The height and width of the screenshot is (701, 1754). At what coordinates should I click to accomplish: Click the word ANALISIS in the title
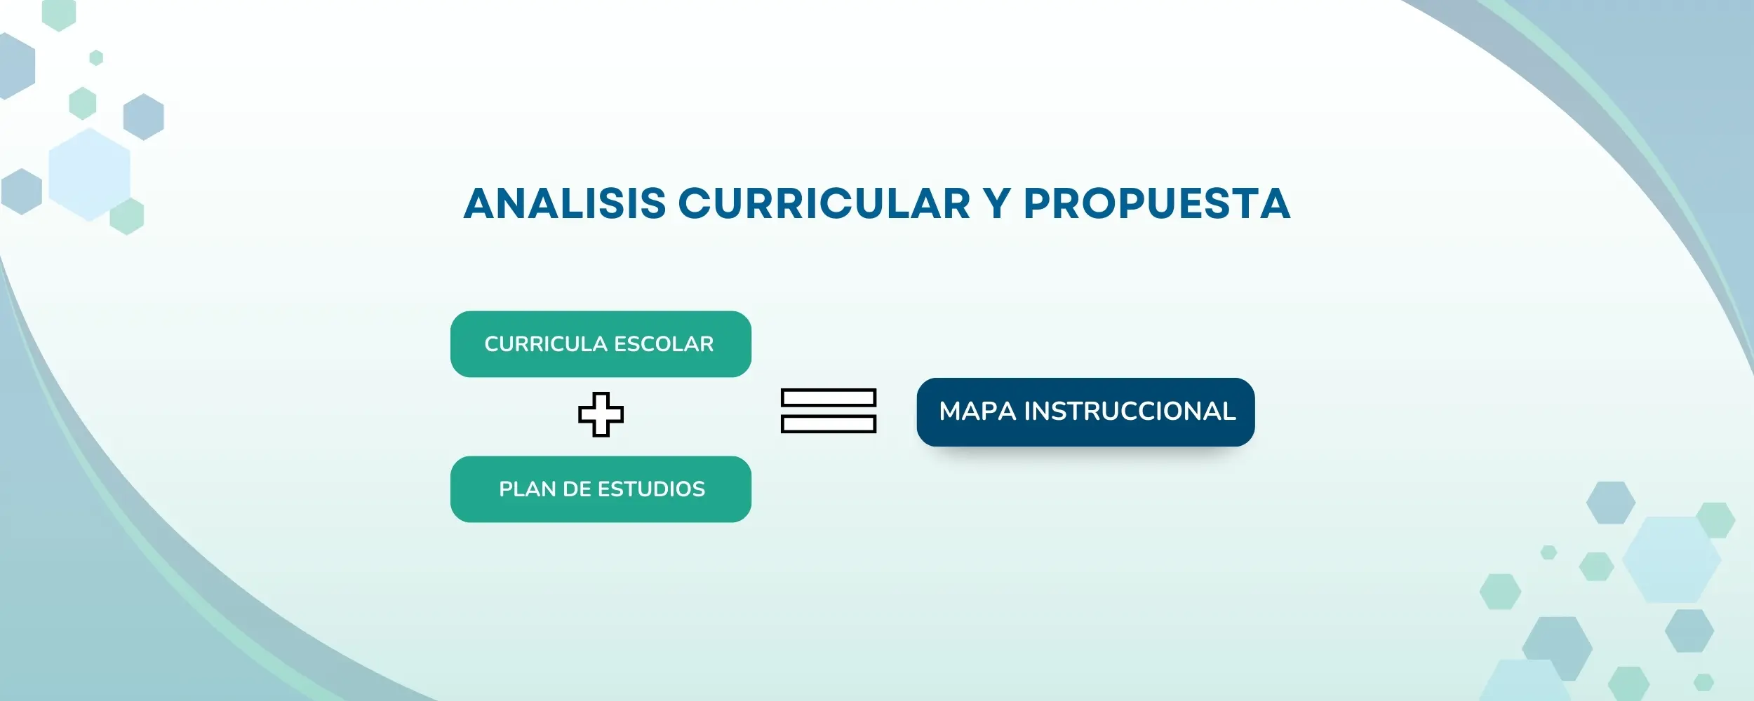(565, 203)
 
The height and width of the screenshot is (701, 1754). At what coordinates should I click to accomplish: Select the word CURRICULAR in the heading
(824, 203)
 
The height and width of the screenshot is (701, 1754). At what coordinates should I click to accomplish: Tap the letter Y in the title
(997, 203)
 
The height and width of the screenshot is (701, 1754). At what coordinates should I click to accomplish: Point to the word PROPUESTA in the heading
(1157, 203)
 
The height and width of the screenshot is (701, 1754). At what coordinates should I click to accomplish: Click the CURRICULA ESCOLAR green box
(601, 344)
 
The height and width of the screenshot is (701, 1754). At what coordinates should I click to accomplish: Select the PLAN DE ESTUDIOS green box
(601, 489)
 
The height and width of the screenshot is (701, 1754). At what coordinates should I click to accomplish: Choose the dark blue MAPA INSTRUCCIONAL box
(1085, 412)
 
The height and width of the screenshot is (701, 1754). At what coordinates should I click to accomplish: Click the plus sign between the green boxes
(601, 414)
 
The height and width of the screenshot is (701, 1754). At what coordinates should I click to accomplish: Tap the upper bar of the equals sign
(829, 398)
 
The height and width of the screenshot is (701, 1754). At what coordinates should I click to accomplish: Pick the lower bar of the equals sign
(829, 424)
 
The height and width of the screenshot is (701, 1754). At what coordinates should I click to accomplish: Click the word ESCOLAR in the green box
(664, 344)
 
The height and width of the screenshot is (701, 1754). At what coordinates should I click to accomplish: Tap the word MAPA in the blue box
(977, 411)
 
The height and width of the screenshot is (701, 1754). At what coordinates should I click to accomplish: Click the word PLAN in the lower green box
(527, 489)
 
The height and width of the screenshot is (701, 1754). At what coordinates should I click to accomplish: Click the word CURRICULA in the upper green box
(546, 344)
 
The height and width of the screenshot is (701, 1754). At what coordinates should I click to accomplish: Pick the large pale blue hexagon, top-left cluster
(90, 175)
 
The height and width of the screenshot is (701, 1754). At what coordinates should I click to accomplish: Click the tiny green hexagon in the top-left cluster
(97, 57)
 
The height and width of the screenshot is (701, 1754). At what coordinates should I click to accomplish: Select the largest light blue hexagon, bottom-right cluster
(1671, 559)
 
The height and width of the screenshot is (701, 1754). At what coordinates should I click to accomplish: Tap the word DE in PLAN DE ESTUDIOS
(577, 489)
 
